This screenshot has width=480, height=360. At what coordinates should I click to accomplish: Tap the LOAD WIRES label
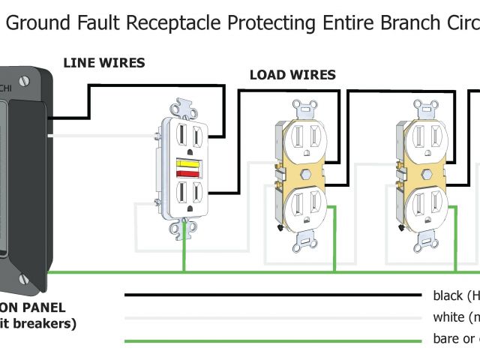(x=292, y=75)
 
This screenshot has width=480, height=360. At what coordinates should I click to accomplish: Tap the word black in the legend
(x=448, y=295)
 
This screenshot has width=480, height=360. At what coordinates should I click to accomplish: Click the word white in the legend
(x=448, y=317)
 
